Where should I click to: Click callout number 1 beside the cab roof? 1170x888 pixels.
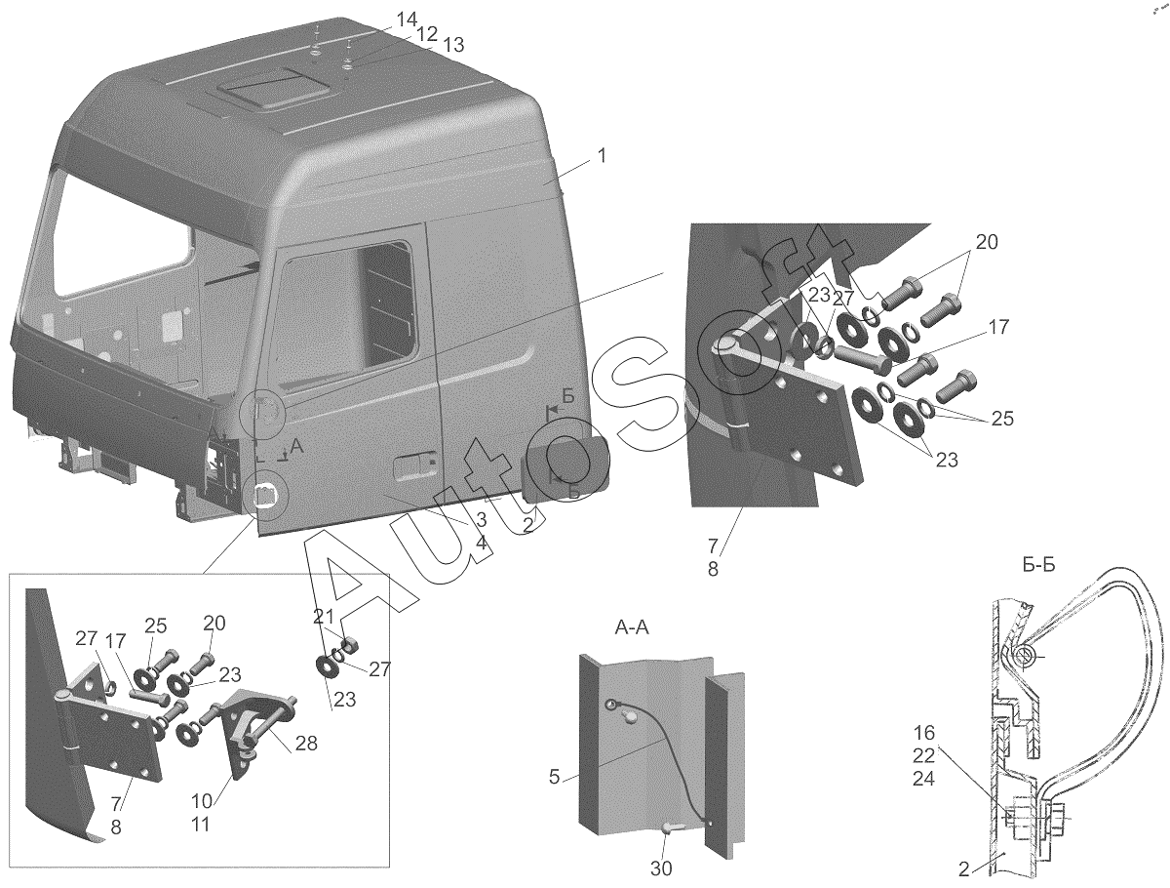pyautogui.click(x=602, y=156)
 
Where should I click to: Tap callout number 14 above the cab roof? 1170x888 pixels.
pyautogui.click(x=407, y=20)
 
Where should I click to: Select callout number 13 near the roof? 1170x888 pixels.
pyautogui.click(x=453, y=45)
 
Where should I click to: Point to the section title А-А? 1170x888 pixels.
pyautogui.click(x=632, y=628)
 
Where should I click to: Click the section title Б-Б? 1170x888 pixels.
pyautogui.click(x=1039, y=565)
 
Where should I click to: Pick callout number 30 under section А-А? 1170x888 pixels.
pyautogui.click(x=661, y=868)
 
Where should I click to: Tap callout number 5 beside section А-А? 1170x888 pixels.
pyautogui.click(x=555, y=777)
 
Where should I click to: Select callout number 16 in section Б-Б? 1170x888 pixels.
pyautogui.click(x=923, y=734)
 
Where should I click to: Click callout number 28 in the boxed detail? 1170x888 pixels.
pyautogui.click(x=306, y=744)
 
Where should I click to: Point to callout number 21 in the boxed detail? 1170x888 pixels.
pyautogui.click(x=323, y=617)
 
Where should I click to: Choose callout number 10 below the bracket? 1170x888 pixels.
pyautogui.click(x=202, y=800)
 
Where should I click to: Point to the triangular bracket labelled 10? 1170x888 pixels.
pyautogui.click(x=255, y=730)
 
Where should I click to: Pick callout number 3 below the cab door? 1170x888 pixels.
pyautogui.click(x=481, y=518)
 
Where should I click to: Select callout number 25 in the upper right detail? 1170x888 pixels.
pyautogui.click(x=1002, y=419)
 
